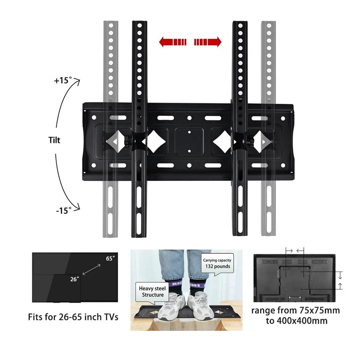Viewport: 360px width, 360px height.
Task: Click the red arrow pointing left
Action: pos(172,42)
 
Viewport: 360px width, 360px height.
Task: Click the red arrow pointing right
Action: pos(208,42)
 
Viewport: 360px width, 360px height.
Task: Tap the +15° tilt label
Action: pos(63,80)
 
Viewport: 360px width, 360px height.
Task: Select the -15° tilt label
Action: pos(64,211)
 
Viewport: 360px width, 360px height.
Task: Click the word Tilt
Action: pos(54,140)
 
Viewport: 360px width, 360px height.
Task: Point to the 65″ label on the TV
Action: pos(110,258)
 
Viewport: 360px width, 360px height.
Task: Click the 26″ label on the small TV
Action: pos(75,279)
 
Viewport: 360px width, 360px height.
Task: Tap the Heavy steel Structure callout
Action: pos(152,292)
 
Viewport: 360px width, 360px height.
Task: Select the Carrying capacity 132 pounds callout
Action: pos(217,264)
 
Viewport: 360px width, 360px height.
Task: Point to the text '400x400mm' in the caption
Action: pos(302,321)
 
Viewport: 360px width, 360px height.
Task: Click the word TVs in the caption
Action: pos(111,317)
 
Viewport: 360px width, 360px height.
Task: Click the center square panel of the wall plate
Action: pos(189,141)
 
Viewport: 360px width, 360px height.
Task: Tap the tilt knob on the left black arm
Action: pos(127,140)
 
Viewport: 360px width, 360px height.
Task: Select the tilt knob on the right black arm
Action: pos(249,140)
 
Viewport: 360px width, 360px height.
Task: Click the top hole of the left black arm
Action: pos(139,26)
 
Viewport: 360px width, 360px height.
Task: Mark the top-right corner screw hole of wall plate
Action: pos(283,118)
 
